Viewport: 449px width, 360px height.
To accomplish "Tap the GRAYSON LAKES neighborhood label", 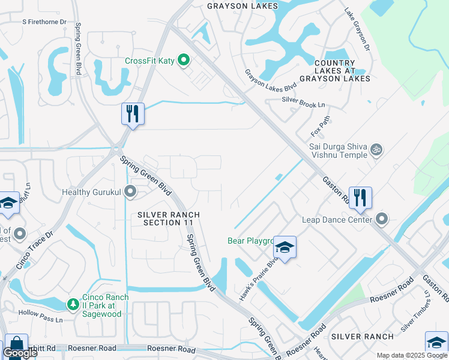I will (243, 6).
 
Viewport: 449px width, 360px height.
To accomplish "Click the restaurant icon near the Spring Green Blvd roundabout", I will (133, 113).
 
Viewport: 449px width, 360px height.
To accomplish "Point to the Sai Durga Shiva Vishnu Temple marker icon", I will (376, 148).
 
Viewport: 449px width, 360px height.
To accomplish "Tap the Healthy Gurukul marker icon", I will (129, 193).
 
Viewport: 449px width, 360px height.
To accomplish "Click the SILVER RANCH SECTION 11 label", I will (168, 218).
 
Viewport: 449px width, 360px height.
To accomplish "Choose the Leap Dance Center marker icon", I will (382, 220).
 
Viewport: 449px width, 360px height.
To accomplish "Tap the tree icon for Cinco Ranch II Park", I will (73, 304).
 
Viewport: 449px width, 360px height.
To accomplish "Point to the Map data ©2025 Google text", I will (411, 355).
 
